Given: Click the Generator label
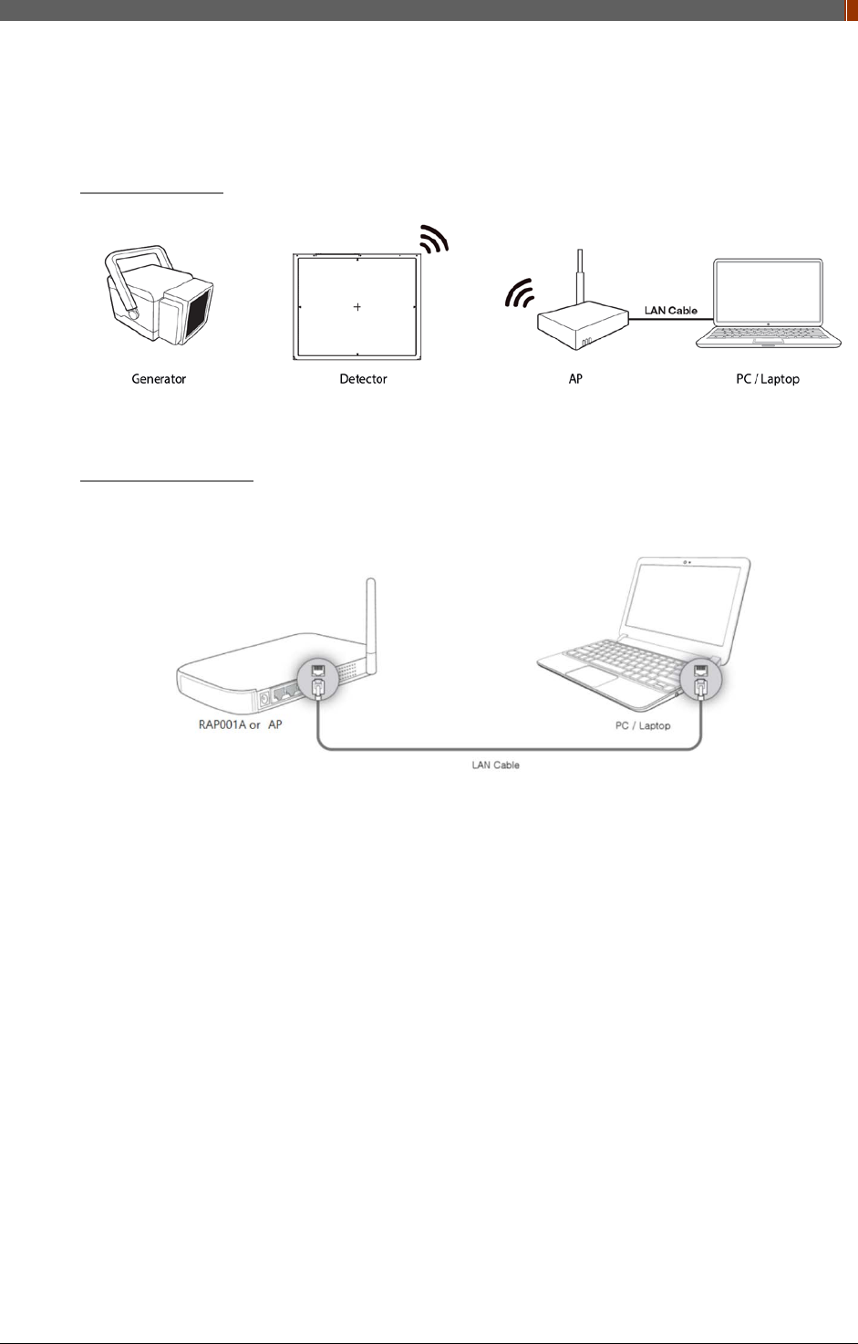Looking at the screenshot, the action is tap(159, 379).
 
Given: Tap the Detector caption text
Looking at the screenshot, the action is tap(363, 379).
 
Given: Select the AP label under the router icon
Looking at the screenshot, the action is tap(575, 379).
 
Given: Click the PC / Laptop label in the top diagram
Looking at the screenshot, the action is tap(767, 379).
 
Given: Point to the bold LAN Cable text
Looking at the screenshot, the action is tap(670, 311).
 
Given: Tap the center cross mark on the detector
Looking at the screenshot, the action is tap(357, 307).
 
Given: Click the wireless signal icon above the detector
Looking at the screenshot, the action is tap(434, 241).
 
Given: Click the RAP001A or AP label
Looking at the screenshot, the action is tap(240, 725).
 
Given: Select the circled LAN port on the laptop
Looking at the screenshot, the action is tap(700, 680).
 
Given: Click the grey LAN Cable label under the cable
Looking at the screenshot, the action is tap(495, 765).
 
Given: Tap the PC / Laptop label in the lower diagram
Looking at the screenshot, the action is tap(643, 726).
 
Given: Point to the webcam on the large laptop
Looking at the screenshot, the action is tap(685, 562).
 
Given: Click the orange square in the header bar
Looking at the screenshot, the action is tap(852, 9).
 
